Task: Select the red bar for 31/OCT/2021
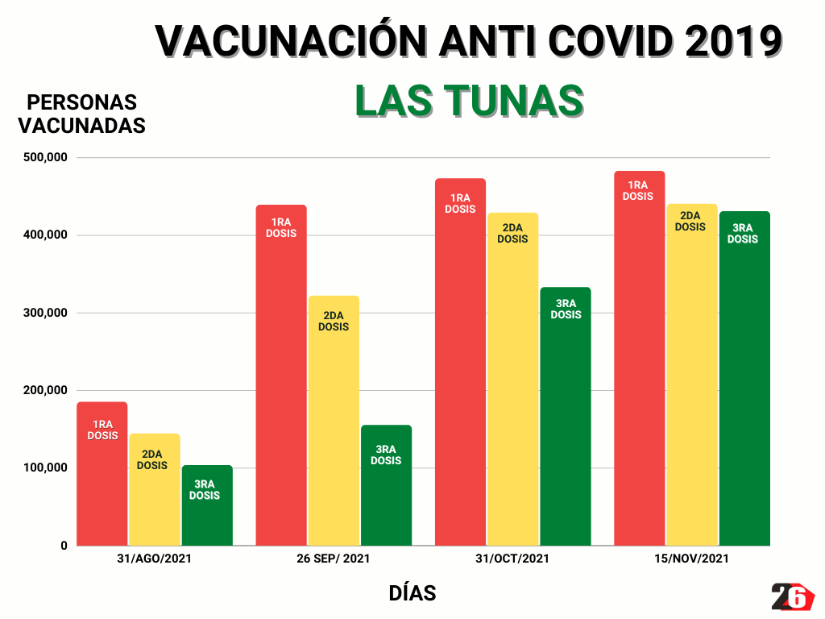[x=460, y=362]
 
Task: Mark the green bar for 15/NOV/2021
[x=744, y=379]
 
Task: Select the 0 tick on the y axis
[x=63, y=546]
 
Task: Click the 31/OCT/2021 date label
[x=512, y=559]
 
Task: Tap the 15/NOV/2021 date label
[x=692, y=559]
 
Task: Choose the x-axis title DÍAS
[x=412, y=594]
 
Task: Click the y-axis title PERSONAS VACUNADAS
[x=81, y=114]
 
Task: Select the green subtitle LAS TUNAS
[x=469, y=101]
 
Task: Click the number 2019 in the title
[x=732, y=40]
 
